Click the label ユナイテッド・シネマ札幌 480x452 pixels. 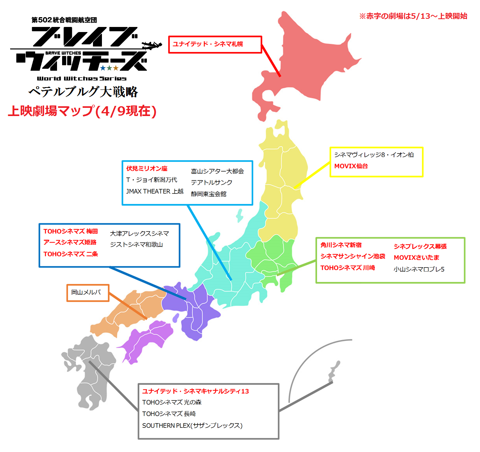[208, 44]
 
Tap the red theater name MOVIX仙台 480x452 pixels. [351, 166]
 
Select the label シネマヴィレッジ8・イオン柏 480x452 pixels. [374, 155]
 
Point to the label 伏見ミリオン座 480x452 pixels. [146, 168]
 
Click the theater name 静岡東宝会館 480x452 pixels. [209, 194]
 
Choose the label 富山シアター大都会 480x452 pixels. [217, 171]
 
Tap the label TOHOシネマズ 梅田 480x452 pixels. [70, 231]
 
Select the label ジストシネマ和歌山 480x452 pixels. [136, 245]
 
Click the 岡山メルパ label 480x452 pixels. [86, 292]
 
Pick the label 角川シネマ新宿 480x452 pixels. [341, 245]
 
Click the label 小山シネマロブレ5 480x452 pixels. [419, 269]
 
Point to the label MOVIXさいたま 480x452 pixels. [416, 257]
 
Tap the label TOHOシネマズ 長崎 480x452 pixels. [169, 414]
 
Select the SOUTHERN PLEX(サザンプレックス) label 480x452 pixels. [192, 425]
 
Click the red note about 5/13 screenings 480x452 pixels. [413, 16]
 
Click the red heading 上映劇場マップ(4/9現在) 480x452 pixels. [82, 111]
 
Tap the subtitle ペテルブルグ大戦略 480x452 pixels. [83, 91]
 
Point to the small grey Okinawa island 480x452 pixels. [333, 372]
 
